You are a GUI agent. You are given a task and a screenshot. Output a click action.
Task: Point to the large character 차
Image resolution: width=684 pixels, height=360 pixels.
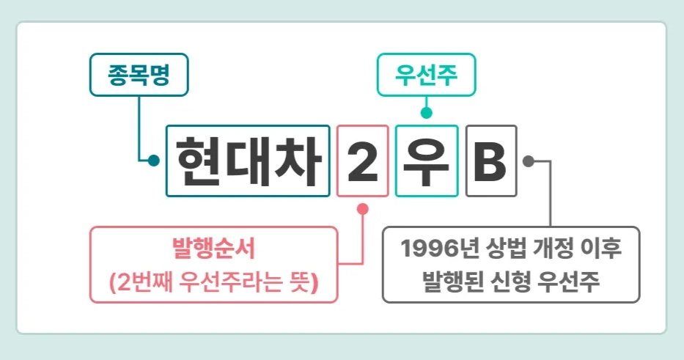pyautogui.click(x=296, y=161)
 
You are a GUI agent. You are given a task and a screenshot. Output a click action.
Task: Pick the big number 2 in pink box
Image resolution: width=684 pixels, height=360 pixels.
pyautogui.click(x=362, y=161)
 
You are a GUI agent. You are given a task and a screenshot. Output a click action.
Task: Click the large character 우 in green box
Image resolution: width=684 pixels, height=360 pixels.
pyautogui.click(x=426, y=161)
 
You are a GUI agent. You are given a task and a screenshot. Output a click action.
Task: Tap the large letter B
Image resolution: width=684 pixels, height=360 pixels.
pyautogui.click(x=490, y=161)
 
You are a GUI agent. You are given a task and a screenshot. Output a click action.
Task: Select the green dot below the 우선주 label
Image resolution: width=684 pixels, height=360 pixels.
pyautogui.click(x=426, y=113)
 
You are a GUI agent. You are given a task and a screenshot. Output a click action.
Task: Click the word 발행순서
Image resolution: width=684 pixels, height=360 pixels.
pyautogui.click(x=213, y=249)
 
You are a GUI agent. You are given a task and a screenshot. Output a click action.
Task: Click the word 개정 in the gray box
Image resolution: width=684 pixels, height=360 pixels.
pyautogui.click(x=547, y=248)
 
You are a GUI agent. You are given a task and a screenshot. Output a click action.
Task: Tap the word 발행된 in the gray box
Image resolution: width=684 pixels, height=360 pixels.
pyautogui.click(x=449, y=280)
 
